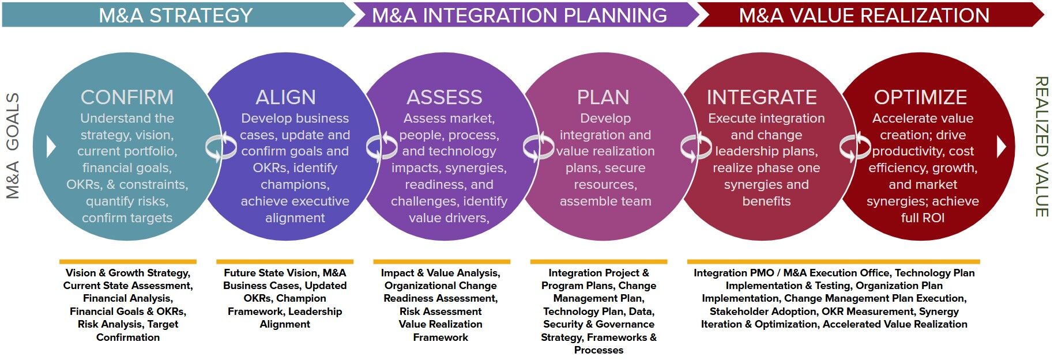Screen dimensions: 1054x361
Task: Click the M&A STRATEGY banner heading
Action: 176,15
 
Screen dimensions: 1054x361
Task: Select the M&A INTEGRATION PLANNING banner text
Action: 520,15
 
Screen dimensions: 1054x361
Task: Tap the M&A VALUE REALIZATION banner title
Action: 864,15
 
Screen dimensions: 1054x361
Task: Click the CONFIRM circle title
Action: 127,97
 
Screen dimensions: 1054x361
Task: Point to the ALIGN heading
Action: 285,97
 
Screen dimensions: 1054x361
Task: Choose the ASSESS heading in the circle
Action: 445,97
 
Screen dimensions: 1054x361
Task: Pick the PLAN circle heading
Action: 603,97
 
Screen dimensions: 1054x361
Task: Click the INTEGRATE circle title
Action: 762,97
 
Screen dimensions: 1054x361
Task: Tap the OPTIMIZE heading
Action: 920,97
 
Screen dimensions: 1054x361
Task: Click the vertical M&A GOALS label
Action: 13,146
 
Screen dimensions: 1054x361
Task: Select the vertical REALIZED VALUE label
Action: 1041,147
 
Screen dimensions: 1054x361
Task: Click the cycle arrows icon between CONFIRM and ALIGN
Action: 221,147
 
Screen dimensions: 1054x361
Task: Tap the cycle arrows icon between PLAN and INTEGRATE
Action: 696,147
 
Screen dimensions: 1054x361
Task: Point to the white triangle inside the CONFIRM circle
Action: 51,147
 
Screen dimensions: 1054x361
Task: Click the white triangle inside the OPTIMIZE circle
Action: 1002,147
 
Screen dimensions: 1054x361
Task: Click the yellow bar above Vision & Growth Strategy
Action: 128,262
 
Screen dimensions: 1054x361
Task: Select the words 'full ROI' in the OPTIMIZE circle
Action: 923,218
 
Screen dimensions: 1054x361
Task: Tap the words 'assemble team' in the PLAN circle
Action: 605,201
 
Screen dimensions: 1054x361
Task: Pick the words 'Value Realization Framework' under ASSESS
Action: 441,330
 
